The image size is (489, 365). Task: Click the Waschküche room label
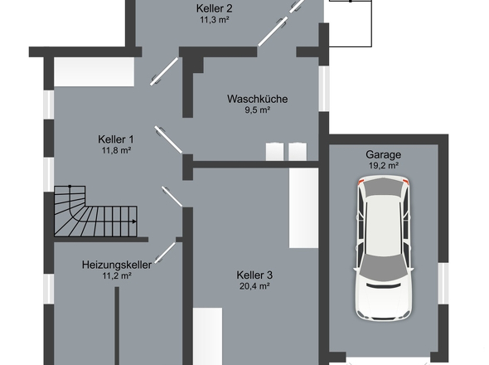pyautogui.click(x=257, y=99)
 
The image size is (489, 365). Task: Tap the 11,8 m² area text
pyautogui.click(x=116, y=150)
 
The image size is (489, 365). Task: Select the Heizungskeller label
pyautogui.click(x=117, y=265)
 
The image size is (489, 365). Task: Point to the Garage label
pyautogui.click(x=383, y=154)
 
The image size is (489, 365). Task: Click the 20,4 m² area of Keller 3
pyautogui.click(x=254, y=286)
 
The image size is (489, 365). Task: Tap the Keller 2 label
pyautogui.click(x=215, y=8)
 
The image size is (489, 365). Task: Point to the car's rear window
pyautogui.click(x=384, y=189)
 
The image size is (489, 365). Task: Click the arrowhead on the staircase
pyautogui.click(x=134, y=221)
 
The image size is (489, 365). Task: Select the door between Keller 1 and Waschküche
pyautogui.click(x=168, y=140)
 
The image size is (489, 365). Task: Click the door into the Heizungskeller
pyautogui.click(x=165, y=252)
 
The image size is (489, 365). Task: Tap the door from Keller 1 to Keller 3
pyautogui.click(x=172, y=197)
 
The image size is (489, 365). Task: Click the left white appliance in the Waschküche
pyautogui.click(x=274, y=152)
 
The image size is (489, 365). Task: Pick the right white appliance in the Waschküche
pyautogui.click(x=298, y=152)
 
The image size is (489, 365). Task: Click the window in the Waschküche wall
pyautogui.click(x=324, y=89)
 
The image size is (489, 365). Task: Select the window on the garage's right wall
pyautogui.click(x=443, y=284)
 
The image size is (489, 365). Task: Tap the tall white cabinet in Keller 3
pyautogui.click(x=303, y=208)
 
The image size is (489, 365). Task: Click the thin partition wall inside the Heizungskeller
pyautogui.click(x=117, y=326)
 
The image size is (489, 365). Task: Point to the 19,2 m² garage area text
pyautogui.click(x=384, y=165)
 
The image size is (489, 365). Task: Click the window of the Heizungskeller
pyautogui.click(x=49, y=290)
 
